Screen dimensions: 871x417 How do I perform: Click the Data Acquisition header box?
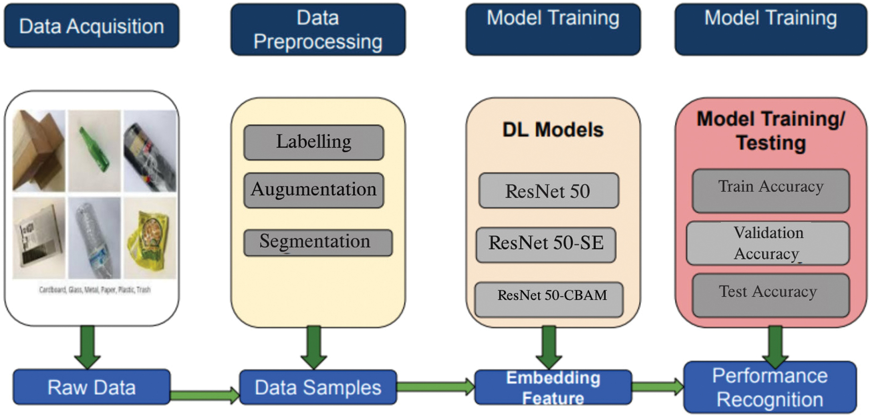(x=92, y=26)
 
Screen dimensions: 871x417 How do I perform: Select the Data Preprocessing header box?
(x=318, y=29)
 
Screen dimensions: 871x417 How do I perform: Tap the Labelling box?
(x=314, y=142)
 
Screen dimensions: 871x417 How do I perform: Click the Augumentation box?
(x=314, y=190)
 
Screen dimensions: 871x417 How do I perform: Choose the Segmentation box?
(x=318, y=242)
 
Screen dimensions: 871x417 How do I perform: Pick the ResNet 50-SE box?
(x=546, y=244)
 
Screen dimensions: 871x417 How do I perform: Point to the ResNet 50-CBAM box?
(x=549, y=300)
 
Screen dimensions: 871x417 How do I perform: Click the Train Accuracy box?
(x=771, y=191)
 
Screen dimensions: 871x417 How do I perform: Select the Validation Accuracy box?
(x=768, y=243)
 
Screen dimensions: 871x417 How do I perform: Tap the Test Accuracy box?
(x=771, y=295)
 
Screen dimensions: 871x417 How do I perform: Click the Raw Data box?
(x=92, y=387)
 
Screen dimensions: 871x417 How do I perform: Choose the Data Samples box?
(x=318, y=387)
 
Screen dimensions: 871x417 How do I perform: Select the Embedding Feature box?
(x=553, y=387)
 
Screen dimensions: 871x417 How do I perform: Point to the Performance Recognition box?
(x=770, y=387)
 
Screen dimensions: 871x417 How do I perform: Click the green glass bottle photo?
(x=94, y=151)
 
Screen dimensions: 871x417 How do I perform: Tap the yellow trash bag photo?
(x=150, y=238)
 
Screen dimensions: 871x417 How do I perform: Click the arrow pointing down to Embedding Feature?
(x=549, y=348)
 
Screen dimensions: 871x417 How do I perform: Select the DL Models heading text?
(x=553, y=130)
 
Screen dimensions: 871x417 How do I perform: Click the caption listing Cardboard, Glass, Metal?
(x=95, y=290)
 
